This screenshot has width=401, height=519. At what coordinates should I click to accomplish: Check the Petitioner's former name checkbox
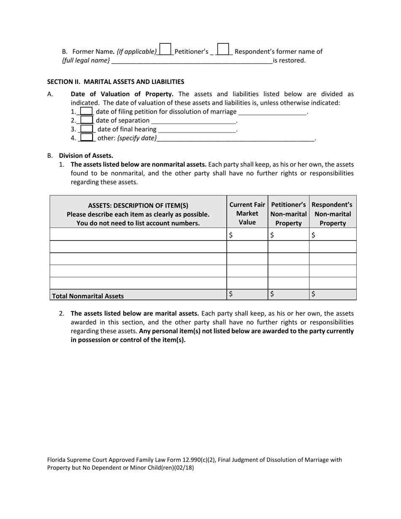[165, 49]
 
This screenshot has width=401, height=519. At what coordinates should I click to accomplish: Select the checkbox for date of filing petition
[87, 112]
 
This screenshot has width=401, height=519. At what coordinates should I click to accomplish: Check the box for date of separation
[87, 121]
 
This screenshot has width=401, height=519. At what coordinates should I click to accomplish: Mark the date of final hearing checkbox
[87, 129]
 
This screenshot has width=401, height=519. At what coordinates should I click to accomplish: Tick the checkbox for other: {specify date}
[87, 138]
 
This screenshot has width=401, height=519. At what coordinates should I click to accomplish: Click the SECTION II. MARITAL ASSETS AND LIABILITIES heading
[115, 81]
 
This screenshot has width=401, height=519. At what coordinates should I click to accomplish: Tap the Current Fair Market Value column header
[247, 214]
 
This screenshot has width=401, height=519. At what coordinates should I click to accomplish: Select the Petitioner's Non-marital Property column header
[288, 214]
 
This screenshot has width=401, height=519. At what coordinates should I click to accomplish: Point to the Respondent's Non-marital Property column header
[333, 214]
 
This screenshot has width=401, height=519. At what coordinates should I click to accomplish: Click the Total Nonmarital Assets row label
[88, 296]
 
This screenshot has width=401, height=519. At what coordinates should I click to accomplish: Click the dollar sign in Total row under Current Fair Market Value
[230, 295]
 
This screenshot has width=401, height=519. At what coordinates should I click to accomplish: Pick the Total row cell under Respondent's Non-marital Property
[333, 295]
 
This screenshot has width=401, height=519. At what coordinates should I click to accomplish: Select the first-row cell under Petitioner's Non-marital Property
[288, 235]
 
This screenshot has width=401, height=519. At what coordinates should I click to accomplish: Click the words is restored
[289, 60]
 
